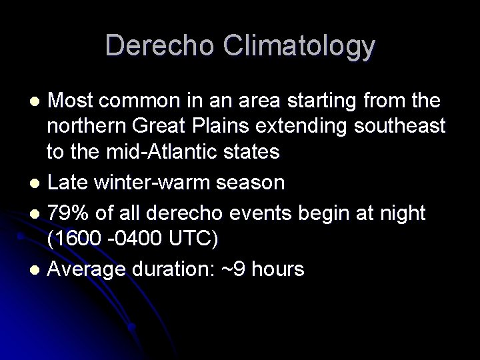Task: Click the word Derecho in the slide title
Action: coord(159,45)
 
